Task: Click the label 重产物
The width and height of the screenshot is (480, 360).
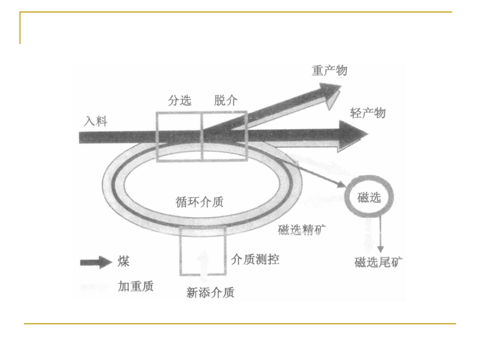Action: pyautogui.click(x=329, y=71)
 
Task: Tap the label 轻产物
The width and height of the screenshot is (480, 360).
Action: pyautogui.click(x=368, y=113)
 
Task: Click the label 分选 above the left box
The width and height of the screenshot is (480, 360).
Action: pyautogui.click(x=179, y=100)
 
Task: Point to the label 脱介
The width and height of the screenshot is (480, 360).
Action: pyautogui.click(x=226, y=100)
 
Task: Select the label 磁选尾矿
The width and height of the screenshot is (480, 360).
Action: pyautogui.click(x=379, y=263)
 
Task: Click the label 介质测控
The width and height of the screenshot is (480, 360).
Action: pyautogui.click(x=255, y=260)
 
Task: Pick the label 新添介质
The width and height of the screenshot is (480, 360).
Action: pyautogui.click(x=210, y=292)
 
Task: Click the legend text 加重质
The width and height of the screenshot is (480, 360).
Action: pyautogui.click(x=135, y=286)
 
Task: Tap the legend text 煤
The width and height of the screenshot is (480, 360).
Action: pyautogui.click(x=123, y=262)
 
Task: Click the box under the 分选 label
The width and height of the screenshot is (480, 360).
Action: pyautogui.click(x=179, y=136)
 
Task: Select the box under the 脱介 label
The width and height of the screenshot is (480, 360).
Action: pyautogui.click(x=225, y=136)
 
